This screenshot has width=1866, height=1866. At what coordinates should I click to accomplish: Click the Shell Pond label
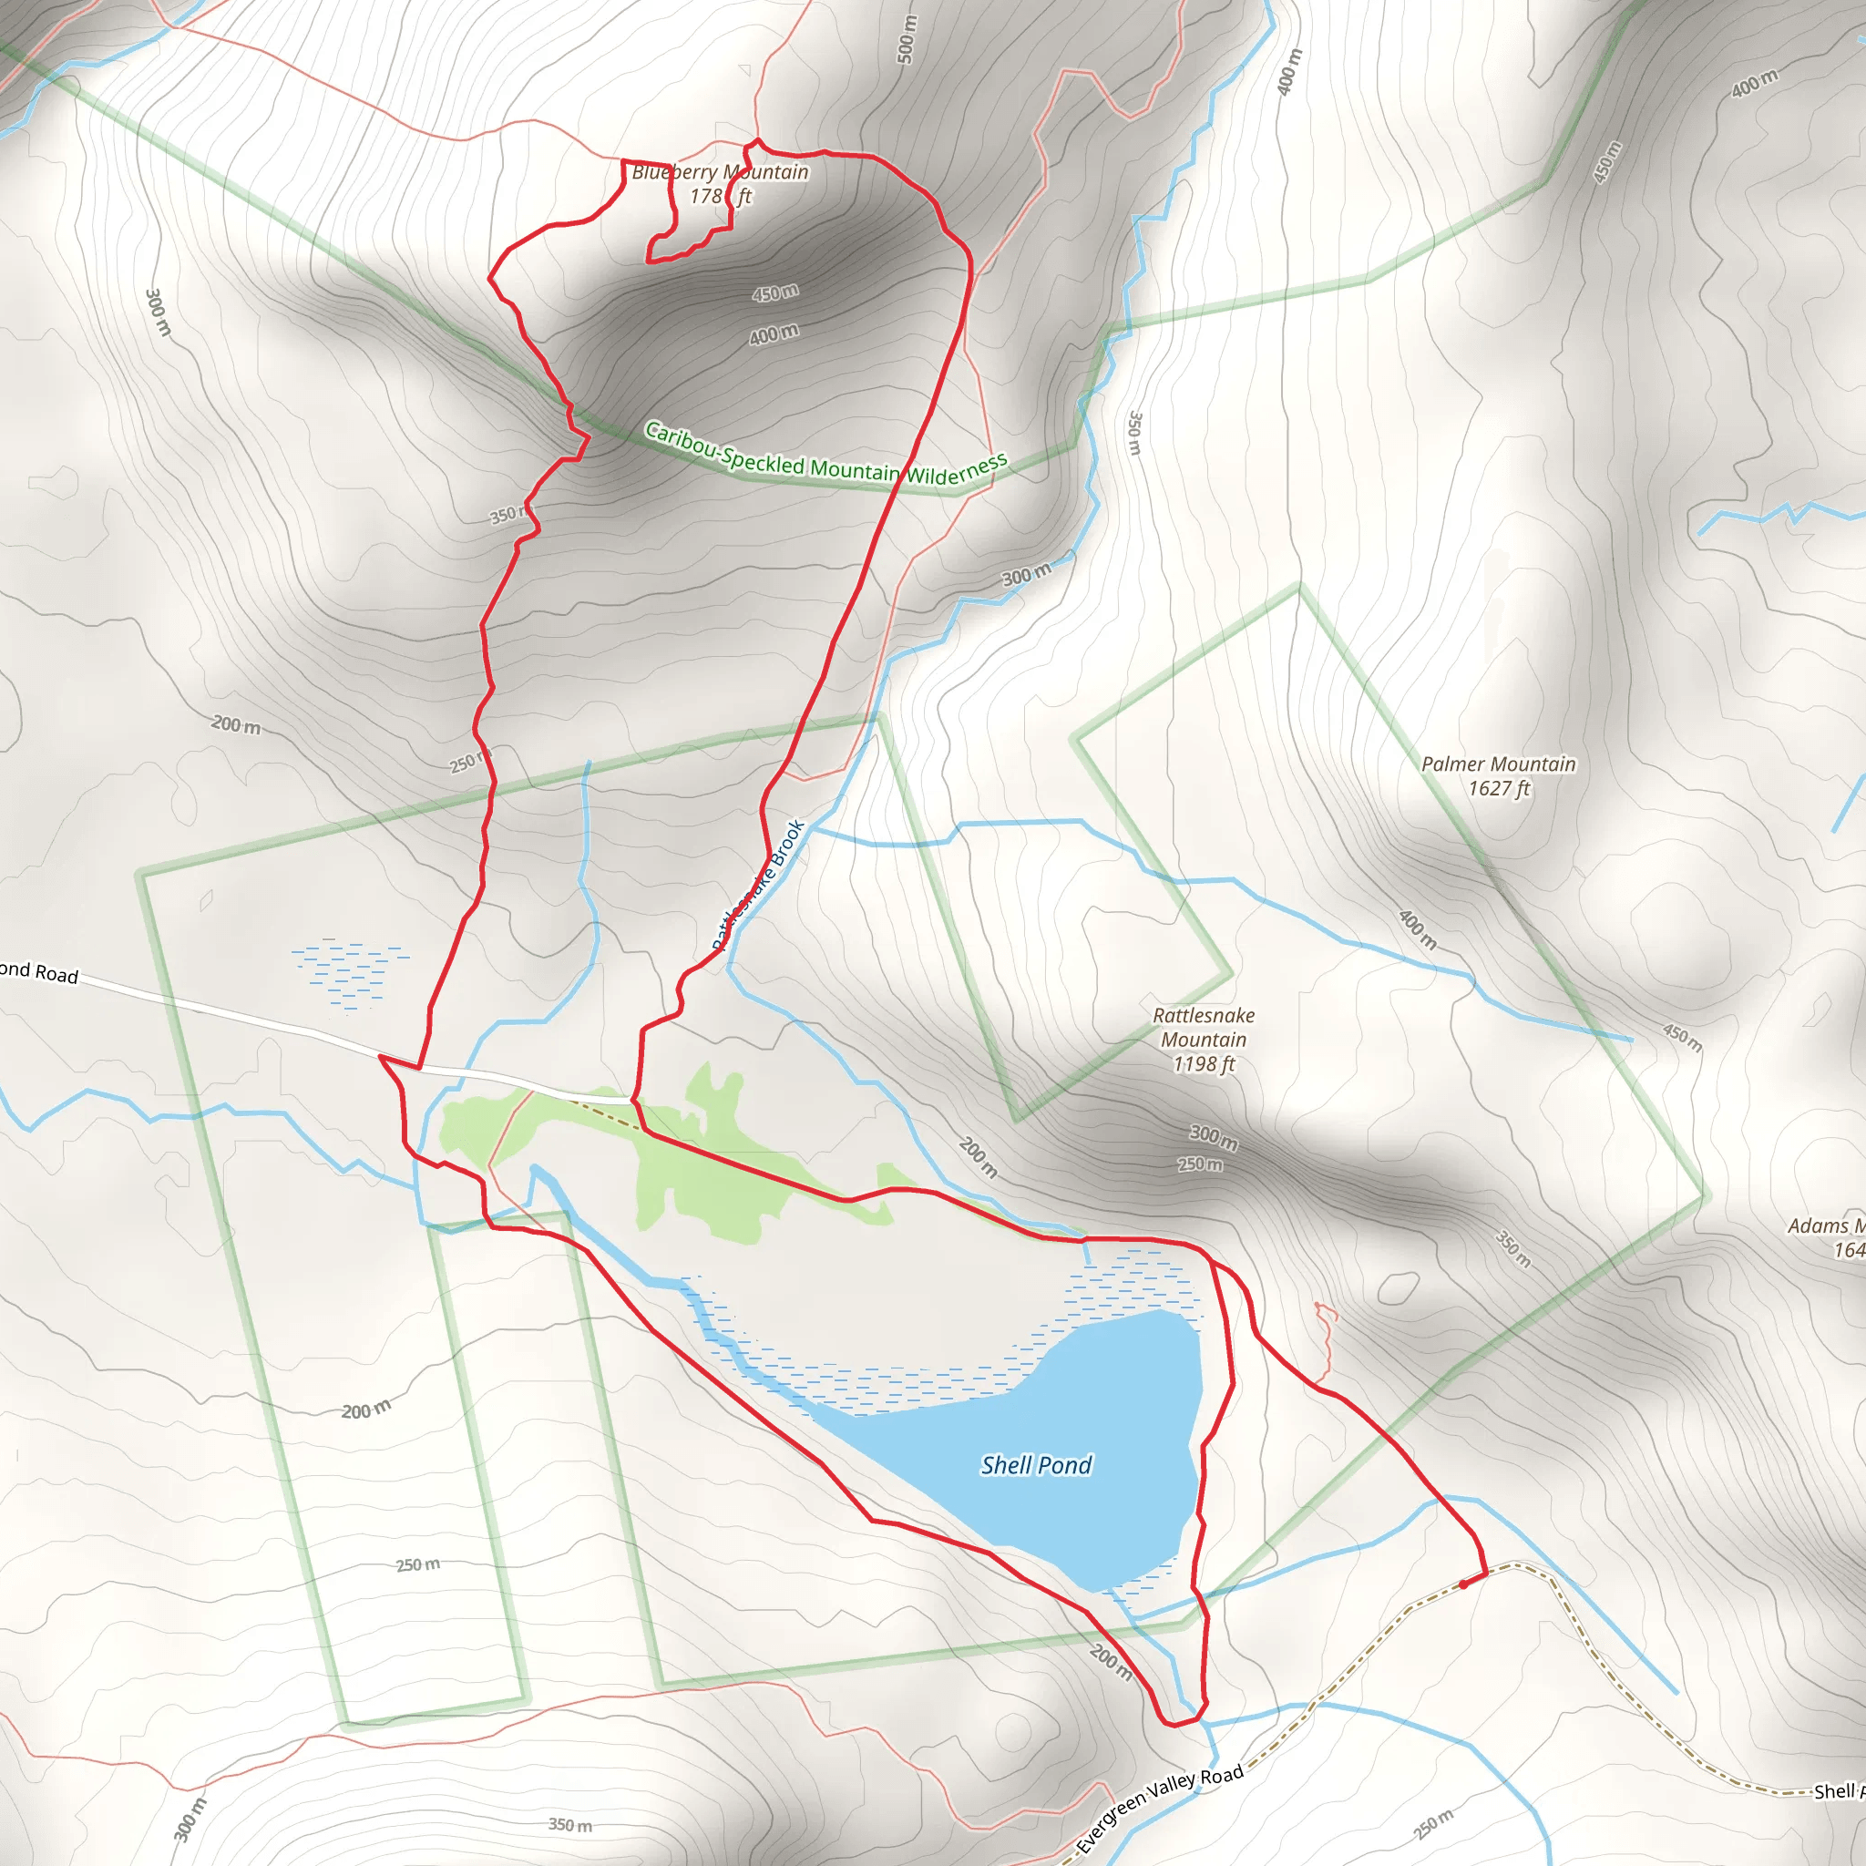click(x=1036, y=1465)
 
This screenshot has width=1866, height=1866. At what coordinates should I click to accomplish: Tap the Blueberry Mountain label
click(x=721, y=172)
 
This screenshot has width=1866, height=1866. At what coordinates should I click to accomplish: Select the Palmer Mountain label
click(x=1498, y=764)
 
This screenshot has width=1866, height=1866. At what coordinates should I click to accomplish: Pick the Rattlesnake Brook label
click(x=759, y=884)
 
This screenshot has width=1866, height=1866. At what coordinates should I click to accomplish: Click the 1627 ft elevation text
click(x=1499, y=789)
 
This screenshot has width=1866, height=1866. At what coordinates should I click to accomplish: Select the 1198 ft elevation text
click(x=1204, y=1064)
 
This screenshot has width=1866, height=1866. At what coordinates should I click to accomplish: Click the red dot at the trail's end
click(x=1463, y=1584)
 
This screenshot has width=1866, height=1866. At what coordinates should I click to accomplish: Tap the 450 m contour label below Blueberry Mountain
click(x=775, y=292)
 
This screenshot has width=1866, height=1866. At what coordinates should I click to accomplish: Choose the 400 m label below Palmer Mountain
click(x=1417, y=930)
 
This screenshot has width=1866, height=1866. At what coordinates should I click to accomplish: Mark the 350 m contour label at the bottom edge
click(x=569, y=1824)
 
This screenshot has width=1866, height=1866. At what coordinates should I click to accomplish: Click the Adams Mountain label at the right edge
click(x=1825, y=1226)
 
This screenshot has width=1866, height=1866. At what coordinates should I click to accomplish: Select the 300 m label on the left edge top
click(x=158, y=312)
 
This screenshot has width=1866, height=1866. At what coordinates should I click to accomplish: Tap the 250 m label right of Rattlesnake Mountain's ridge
click(x=1200, y=1164)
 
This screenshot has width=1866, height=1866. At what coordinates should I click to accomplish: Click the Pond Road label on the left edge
click(x=38, y=971)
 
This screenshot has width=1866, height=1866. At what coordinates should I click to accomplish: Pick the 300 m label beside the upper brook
click(x=1026, y=576)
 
